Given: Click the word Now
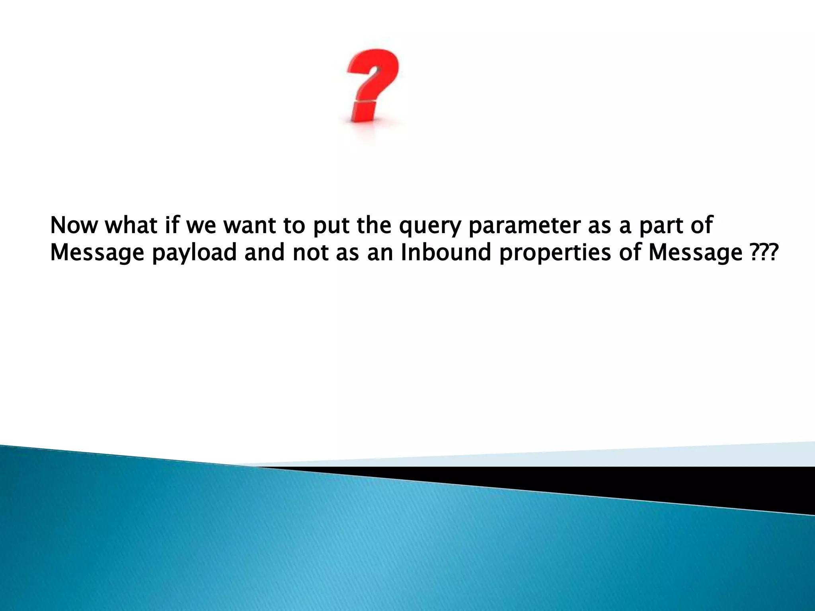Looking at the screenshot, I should (x=74, y=225).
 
